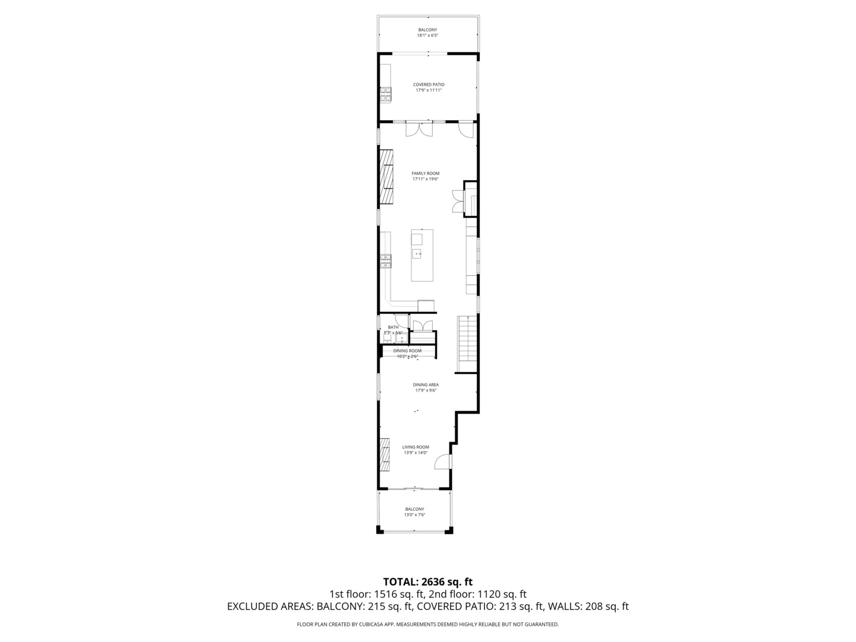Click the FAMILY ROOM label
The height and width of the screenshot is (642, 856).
pos(425,174)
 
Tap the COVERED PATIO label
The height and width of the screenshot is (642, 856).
pos(429,84)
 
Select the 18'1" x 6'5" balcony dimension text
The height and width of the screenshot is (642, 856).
pos(427,36)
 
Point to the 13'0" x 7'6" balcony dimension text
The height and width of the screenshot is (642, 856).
pos(414,515)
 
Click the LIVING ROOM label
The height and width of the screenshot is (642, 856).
pos(416,447)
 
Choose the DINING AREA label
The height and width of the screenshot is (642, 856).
pos(426,385)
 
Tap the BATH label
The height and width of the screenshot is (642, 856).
pos(393,327)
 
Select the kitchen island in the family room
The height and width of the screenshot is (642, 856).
pos(422,256)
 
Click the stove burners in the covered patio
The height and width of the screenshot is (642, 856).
pos(386,92)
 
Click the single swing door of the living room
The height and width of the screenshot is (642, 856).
pos(442,461)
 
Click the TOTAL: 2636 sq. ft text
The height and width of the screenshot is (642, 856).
pos(427,581)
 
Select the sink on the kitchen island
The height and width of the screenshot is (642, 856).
pos(418,254)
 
